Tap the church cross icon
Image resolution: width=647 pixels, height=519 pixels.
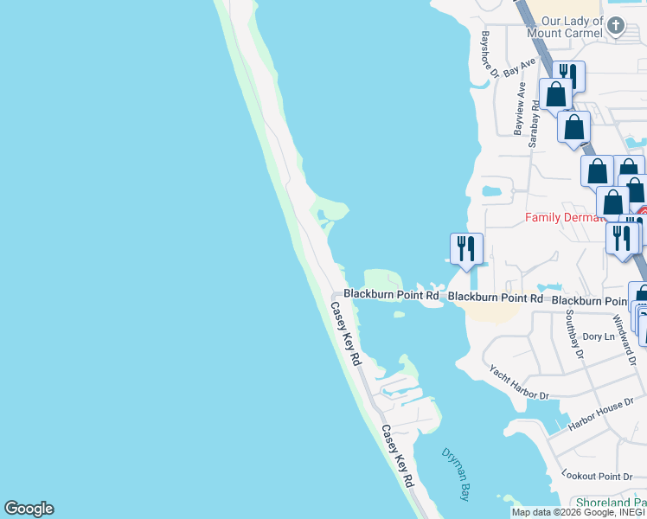[615, 25]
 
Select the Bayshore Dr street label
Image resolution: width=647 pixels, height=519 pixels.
[489, 53]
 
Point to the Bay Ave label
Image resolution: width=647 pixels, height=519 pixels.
[519, 67]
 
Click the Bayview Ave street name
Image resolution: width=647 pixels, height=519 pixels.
[520, 108]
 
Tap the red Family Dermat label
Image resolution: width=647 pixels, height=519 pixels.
[562, 218]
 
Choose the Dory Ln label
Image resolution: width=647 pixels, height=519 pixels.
[599, 336]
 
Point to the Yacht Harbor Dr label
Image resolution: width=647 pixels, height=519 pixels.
[519, 382]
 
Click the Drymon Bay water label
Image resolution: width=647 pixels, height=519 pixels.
[456, 474]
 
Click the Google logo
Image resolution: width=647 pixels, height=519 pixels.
[29, 509]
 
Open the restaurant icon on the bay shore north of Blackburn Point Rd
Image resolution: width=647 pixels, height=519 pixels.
[466, 249]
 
